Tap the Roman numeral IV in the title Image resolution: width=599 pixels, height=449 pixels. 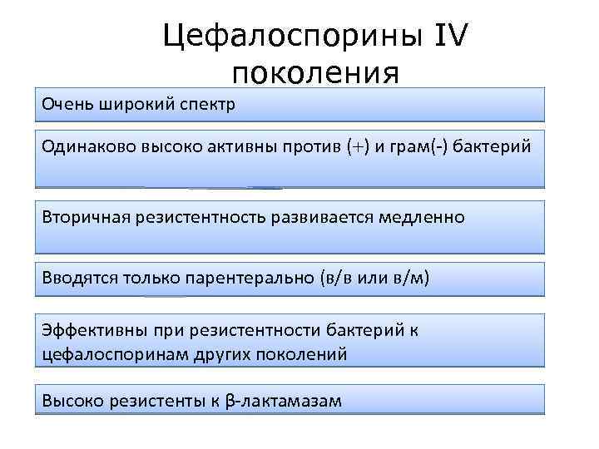pos(450,37)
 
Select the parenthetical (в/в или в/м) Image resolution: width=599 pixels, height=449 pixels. pos(374,277)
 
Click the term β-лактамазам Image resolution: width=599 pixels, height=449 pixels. pos(284,402)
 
